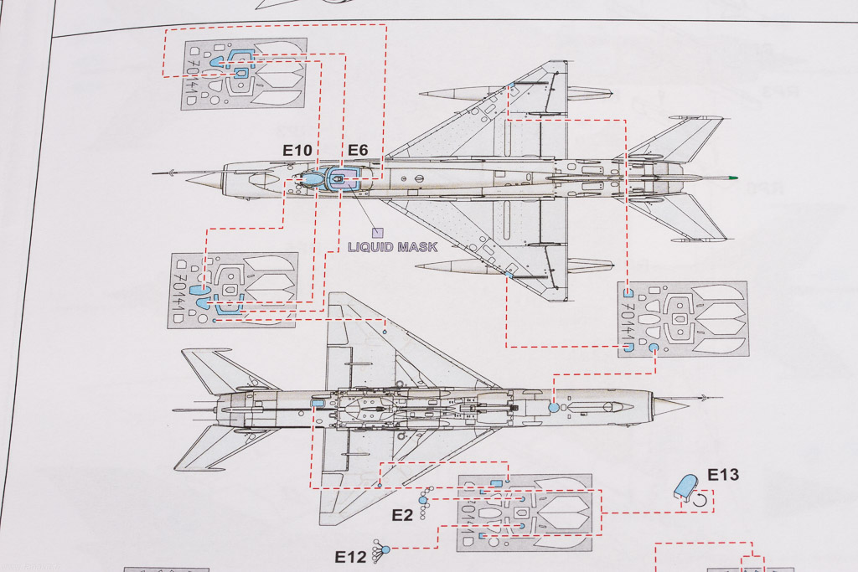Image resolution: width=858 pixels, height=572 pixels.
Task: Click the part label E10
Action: (297, 151)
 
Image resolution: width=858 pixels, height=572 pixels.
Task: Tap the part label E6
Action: (358, 151)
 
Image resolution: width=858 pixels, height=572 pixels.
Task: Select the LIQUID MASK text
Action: (393, 247)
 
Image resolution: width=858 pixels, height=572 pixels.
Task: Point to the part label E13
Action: (723, 476)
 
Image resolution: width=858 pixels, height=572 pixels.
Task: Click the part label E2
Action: (402, 514)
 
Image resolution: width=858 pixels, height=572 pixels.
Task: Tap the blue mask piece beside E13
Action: (685, 487)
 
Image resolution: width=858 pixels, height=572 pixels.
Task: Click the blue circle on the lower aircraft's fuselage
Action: (553, 406)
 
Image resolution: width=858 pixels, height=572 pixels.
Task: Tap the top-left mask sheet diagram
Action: (243, 74)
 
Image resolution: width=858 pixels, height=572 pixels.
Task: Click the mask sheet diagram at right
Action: (682, 319)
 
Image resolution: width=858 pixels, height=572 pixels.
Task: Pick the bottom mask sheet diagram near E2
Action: (524, 513)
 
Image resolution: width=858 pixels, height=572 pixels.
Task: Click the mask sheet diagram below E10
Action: (232, 289)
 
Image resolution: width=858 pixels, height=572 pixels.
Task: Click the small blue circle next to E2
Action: (423, 501)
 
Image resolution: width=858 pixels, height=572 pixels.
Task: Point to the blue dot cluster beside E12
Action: (385, 549)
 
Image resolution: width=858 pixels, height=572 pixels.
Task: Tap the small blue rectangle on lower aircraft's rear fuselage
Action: (317, 403)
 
